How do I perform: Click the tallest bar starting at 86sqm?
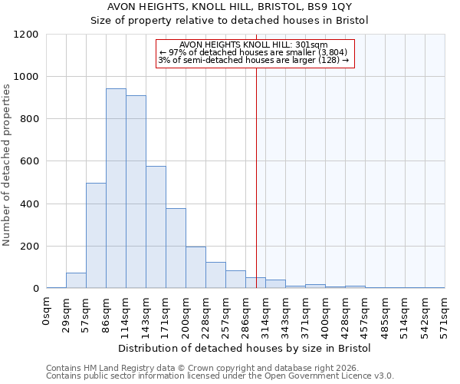coord(116,188)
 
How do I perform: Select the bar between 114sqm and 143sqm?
coord(136,192)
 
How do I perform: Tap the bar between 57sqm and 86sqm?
coord(96,236)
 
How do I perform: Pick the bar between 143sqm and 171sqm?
coord(156,227)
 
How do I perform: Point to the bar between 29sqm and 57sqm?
coord(76,280)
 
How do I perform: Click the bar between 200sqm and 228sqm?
coord(195,267)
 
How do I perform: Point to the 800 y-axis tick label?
coord(29,119)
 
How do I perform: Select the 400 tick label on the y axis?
coord(29,204)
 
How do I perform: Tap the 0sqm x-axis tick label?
coord(47,312)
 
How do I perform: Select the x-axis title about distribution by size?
coord(245,348)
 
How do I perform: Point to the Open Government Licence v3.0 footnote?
coord(220,376)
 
